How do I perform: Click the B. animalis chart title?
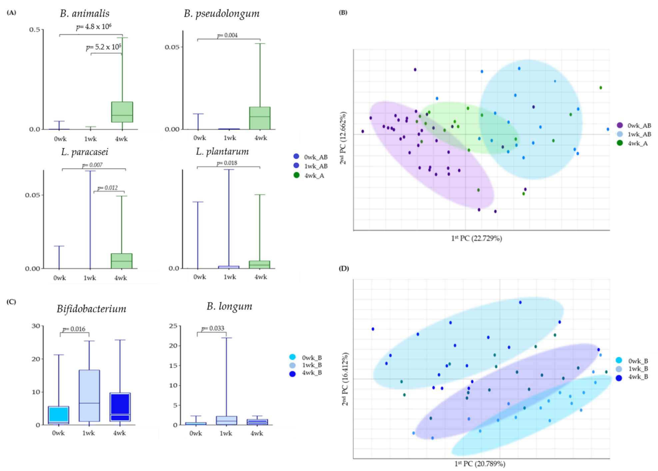coord(85,14)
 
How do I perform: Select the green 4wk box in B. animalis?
coord(122,112)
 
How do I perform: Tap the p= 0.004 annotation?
coord(227,35)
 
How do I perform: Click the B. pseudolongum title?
coord(222,14)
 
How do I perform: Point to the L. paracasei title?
coord(85,152)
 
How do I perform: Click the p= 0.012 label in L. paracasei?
coord(108,188)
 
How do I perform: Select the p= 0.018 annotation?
coord(227,163)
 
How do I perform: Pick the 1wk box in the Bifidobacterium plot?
coord(89,395)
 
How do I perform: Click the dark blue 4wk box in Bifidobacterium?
coord(120,407)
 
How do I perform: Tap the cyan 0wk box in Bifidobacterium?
coord(59,415)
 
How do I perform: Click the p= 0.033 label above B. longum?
coord(213,329)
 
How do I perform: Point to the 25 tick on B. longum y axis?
coord(173,326)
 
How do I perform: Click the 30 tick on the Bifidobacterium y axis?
coord(36,326)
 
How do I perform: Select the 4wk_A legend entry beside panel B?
coord(633,143)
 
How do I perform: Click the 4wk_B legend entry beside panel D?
coord(633,377)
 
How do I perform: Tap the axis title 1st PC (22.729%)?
coord(476,238)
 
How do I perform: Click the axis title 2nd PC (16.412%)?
coord(345,379)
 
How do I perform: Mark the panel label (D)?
coord(344,268)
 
